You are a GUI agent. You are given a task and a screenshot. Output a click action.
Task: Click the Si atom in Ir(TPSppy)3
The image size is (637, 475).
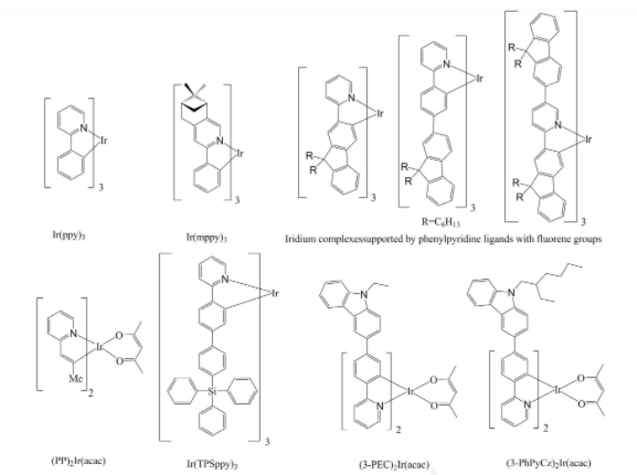207,394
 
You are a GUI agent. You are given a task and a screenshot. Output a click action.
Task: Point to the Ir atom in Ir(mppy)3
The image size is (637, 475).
239,154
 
